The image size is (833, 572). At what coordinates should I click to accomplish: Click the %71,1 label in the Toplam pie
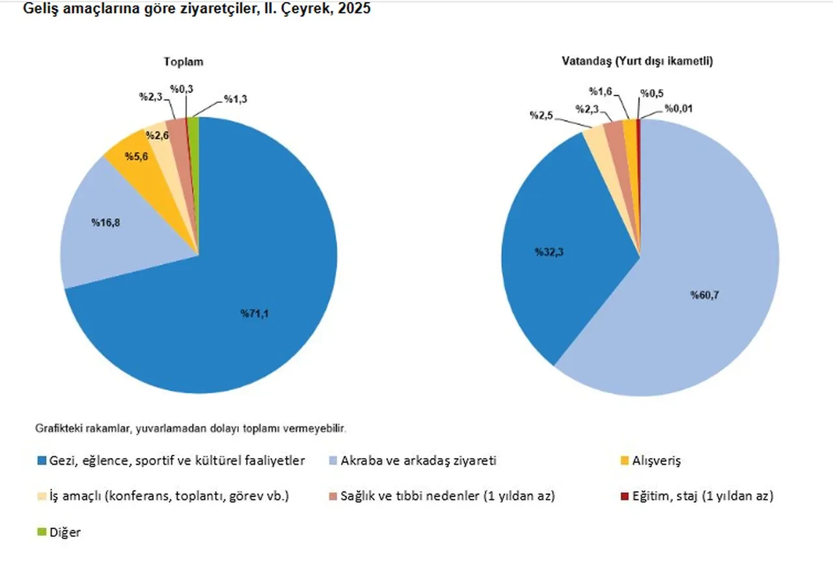point(255,314)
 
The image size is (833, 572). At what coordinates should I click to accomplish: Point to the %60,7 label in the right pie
point(705,295)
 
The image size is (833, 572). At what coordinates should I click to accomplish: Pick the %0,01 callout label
point(678,109)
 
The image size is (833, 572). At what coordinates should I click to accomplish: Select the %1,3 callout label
point(236,99)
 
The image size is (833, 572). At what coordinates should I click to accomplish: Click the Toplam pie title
point(183,62)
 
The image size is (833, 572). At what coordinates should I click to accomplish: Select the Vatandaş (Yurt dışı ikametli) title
point(638,62)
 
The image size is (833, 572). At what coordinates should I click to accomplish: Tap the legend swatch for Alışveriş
point(625,461)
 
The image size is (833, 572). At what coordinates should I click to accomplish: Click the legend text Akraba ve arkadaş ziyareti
point(418,461)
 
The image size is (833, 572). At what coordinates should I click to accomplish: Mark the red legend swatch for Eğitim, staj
point(625,496)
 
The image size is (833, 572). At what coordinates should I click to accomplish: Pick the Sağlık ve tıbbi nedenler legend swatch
point(333,496)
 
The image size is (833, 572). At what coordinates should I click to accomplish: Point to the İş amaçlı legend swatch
point(42,496)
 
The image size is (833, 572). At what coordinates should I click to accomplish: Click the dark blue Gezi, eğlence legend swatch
point(42,461)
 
